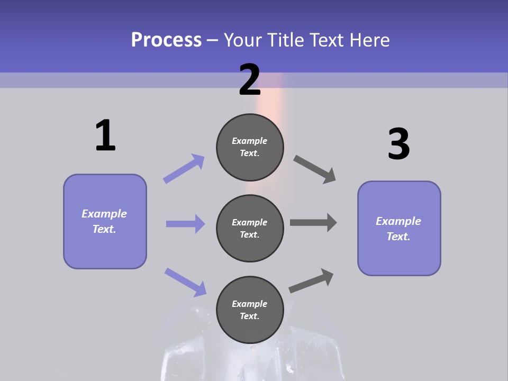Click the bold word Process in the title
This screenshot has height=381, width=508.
166,40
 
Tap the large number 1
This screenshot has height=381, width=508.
105,136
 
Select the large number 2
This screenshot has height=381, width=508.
250,80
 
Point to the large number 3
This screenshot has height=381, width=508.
398,144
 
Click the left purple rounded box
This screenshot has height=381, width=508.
105,221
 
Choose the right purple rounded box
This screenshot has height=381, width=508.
399,229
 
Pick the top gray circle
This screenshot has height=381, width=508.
250,147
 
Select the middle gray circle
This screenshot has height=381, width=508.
250,228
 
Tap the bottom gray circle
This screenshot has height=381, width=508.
250,310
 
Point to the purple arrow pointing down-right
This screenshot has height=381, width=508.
185,282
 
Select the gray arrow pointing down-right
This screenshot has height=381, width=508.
315,169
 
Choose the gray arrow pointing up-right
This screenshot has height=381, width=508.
311,281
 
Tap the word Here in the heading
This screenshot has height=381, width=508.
369,40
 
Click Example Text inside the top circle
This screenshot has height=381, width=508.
250,147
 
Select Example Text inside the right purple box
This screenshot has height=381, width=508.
398,229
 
